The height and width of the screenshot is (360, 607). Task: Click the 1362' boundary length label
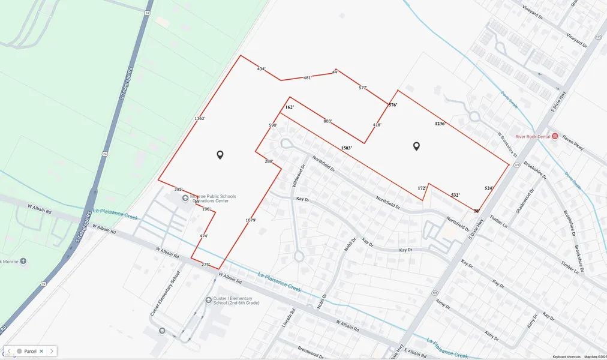200,119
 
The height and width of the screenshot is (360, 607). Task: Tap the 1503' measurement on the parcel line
347,148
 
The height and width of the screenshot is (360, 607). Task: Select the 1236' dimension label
440,124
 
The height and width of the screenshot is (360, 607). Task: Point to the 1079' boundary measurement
251,220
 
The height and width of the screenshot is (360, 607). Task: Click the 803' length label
327,121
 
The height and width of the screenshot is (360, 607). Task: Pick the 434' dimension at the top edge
261,69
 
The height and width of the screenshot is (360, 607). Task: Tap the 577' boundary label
363,88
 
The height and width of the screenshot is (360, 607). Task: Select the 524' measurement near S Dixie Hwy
489,188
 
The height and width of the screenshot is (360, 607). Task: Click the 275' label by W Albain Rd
206,265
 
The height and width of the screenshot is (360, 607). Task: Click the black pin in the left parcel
220,155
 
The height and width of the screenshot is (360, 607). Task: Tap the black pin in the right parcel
416,146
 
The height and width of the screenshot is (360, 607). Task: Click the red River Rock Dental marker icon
555,136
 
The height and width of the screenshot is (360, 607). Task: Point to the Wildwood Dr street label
299,176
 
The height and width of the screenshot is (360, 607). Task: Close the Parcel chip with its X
41,351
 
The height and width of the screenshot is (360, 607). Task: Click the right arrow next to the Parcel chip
52,351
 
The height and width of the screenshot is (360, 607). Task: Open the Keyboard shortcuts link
566,356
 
